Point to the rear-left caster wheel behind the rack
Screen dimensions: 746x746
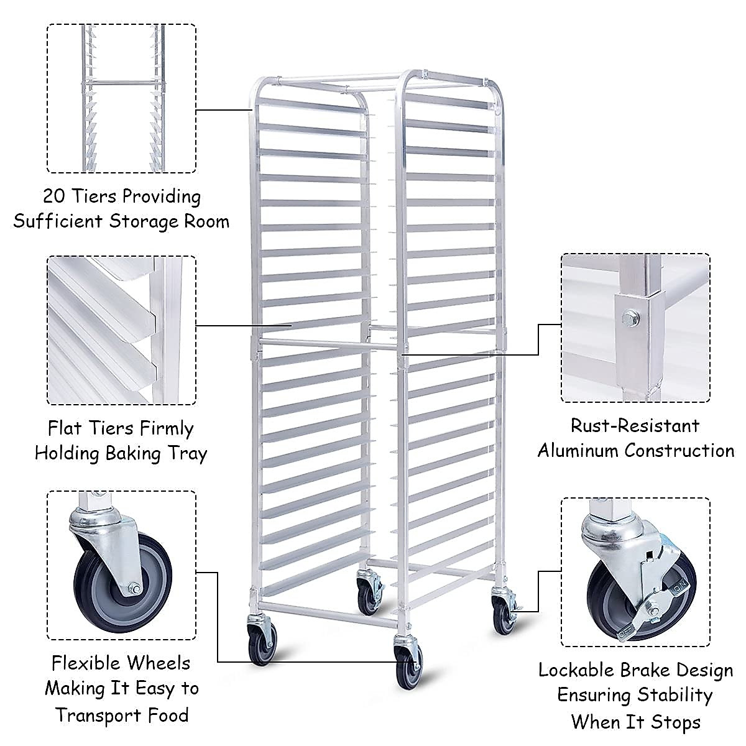coord(369,594)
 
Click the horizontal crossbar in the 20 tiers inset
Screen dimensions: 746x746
coord(121,81)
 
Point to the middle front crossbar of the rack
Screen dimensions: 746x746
coord(326,343)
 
